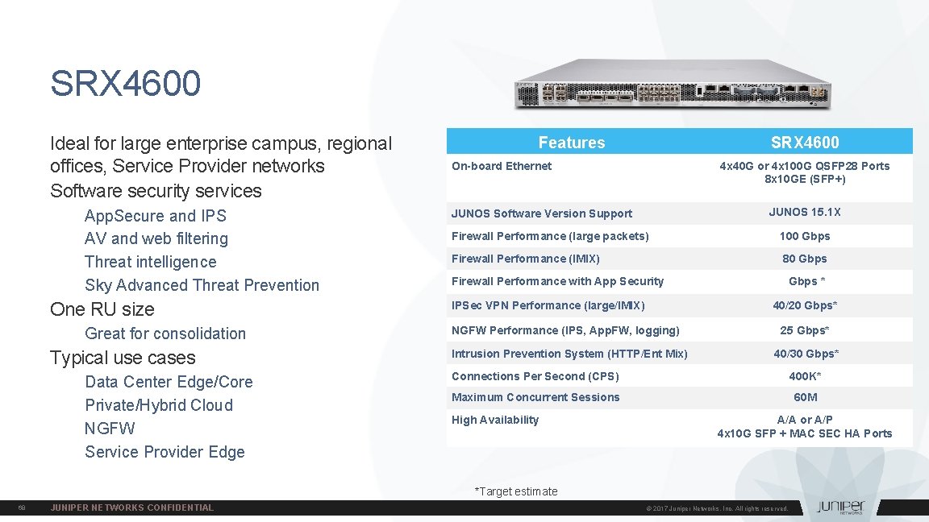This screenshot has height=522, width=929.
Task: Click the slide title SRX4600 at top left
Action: click(x=125, y=84)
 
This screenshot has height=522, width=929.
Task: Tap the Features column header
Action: click(x=571, y=143)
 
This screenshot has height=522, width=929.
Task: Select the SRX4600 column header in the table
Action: click(x=804, y=143)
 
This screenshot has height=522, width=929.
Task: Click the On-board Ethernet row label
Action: click(x=502, y=166)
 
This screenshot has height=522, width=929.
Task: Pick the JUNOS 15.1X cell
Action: click(x=804, y=212)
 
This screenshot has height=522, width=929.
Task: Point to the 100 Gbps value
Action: click(x=804, y=236)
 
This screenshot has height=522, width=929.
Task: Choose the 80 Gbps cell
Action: click(x=804, y=259)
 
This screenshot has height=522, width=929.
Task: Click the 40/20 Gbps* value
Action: click(x=804, y=305)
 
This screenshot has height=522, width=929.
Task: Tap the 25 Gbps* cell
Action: click(x=804, y=330)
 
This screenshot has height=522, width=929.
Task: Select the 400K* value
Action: click(x=804, y=376)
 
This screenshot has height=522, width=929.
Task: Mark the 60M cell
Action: click(x=805, y=397)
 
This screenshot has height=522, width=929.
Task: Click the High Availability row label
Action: click(x=495, y=420)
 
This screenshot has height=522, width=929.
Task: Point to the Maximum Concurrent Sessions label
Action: click(x=535, y=397)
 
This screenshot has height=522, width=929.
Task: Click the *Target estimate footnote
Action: click(x=516, y=491)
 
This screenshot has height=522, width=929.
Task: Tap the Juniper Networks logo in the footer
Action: click(x=840, y=507)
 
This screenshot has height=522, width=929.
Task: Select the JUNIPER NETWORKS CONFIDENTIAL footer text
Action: click(x=132, y=507)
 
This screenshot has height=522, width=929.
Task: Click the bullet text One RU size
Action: click(x=102, y=309)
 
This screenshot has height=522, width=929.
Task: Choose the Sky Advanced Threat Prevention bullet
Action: click(x=202, y=285)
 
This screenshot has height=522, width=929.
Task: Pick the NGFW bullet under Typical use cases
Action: click(x=110, y=429)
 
